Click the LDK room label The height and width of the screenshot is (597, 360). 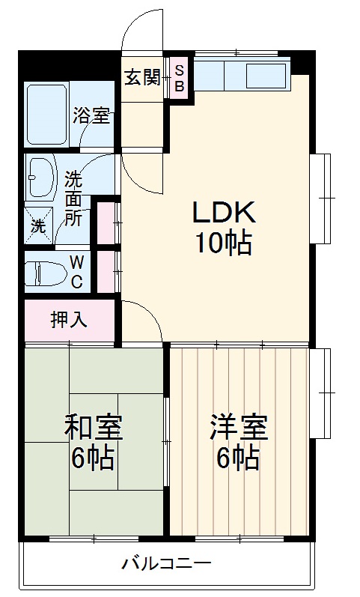pos(225,213)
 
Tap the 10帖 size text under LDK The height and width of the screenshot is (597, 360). pos(224,243)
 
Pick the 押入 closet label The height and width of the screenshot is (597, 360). pos(69,320)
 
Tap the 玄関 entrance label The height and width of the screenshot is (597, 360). pos(142,77)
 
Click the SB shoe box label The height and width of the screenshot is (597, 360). pos(180,77)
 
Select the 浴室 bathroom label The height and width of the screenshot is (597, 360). pos(91,116)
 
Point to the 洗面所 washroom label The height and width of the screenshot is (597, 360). pos(73,199)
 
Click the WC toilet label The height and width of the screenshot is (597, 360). pos(76,271)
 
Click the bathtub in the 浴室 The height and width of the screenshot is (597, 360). pos(47,114)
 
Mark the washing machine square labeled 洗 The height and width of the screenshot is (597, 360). pos(38,224)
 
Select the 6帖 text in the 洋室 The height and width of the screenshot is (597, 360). pos(239,457)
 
